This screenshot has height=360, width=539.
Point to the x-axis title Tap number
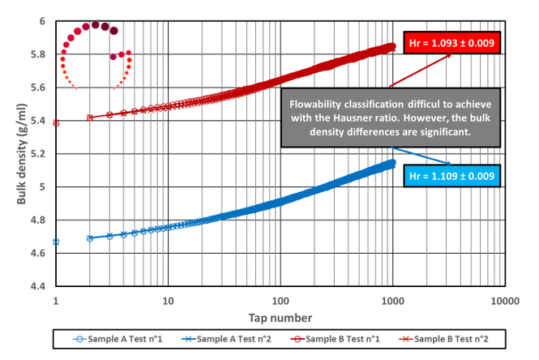(280, 315)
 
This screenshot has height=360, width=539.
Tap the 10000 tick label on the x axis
(504, 300)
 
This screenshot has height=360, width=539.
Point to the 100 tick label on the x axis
(280, 300)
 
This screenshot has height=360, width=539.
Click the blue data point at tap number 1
(56, 242)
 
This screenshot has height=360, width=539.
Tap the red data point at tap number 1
(56, 123)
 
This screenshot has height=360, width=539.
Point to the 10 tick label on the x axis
(168, 300)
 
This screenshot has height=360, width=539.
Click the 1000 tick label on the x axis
(392, 300)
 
